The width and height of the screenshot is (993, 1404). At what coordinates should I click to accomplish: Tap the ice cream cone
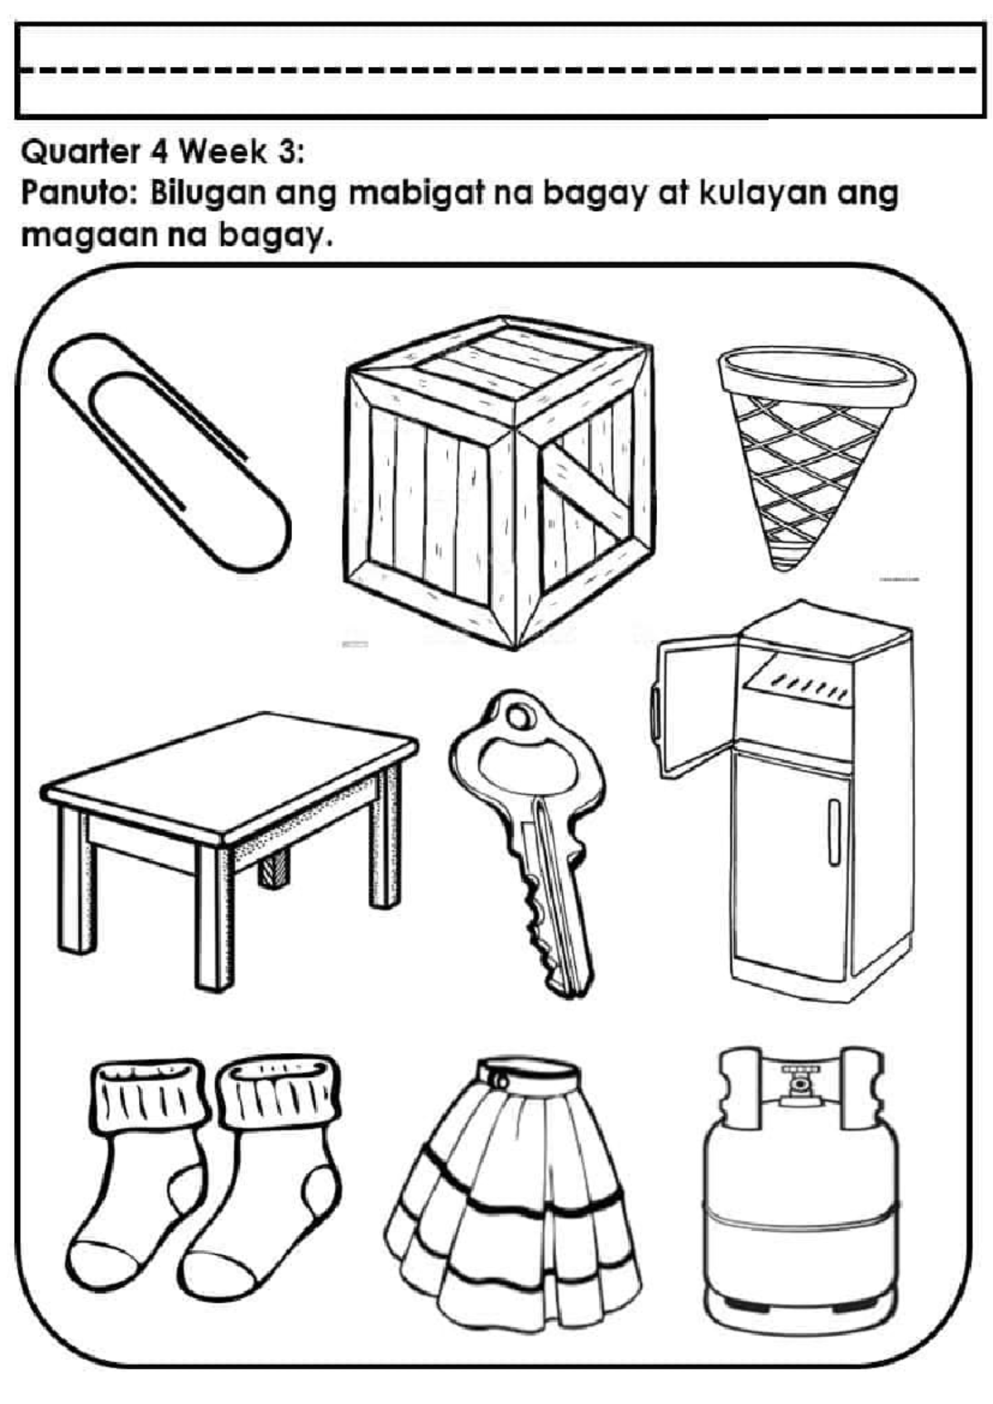815,455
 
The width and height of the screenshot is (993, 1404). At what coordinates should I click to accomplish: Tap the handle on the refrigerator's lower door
834,832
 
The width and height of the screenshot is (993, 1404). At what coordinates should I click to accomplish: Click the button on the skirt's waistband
499,1078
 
